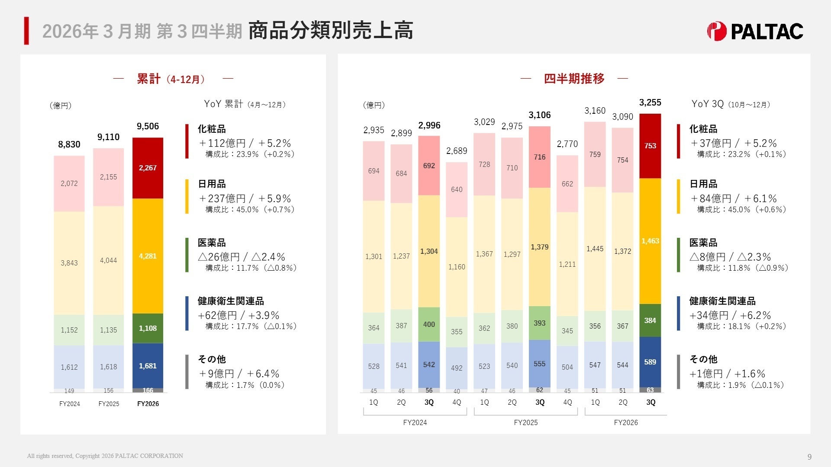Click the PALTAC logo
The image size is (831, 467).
755,31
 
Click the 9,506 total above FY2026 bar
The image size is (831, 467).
148,126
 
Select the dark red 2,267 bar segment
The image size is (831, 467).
148,168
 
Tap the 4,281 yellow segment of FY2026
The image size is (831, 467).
148,256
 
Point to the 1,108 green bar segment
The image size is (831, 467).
148,328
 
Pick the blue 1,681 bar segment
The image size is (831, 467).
148,366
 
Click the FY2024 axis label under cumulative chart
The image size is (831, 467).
69,404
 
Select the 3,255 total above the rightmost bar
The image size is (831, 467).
650,102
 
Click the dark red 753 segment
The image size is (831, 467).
650,146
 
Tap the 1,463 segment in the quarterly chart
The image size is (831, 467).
650,241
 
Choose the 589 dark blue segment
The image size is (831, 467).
650,362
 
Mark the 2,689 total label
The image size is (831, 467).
457,151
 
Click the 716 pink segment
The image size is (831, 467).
540,157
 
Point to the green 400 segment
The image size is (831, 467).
429,324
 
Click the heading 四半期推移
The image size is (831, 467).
574,79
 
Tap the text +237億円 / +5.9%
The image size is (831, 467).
245,198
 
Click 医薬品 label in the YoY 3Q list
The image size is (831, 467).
703,243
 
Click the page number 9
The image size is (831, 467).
809,457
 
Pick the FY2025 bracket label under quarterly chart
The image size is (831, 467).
525,422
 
